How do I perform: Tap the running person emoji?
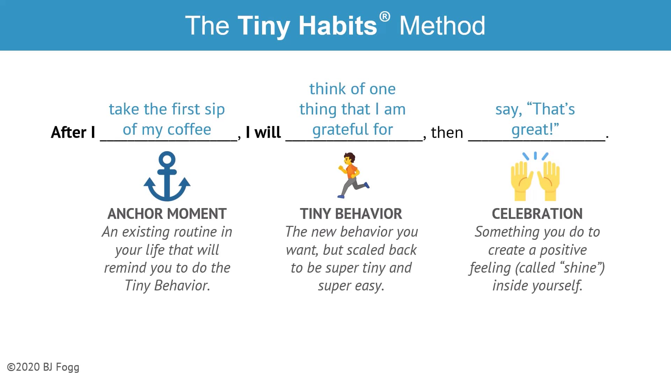coord(352,175)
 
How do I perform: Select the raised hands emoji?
coord(535,177)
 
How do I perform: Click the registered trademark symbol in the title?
coord(384,17)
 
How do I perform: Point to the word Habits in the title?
coord(338,25)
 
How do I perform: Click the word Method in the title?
coord(442,25)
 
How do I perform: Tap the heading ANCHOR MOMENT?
coord(167,214)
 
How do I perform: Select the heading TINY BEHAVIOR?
coord(351,214)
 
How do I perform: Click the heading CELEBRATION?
coord(537,214)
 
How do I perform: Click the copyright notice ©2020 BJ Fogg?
coord(43,367)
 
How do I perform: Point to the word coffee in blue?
coord(189,130)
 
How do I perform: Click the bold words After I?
coord(73,132)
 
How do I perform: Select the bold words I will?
coord(263,132)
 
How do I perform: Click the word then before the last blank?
coord(447,133)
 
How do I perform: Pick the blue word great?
coord(535,130)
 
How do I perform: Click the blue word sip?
coord(214,109)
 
